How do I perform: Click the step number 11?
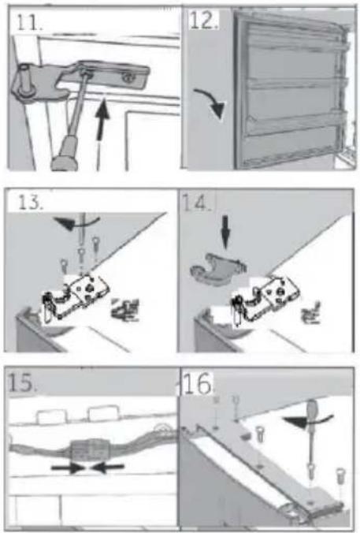pos(28,23)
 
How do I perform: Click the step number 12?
pos(203,20)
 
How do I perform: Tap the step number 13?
pos(30,202)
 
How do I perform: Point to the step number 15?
pos(21,382)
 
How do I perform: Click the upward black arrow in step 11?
pos(102,119)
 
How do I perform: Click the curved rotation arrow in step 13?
pos(76,223)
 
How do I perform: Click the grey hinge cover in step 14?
pos(217,269)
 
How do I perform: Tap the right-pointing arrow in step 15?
pos(68,468)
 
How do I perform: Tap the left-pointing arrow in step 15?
pos(108,468)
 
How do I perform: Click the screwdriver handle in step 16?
pos(312,409)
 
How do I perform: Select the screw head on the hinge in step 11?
pos(128,77)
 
